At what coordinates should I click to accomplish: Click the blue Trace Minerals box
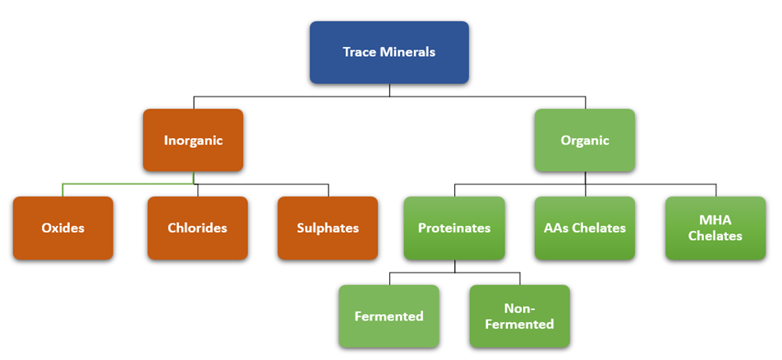(x=389, y=53)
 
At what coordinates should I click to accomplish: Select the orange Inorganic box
(x=193, y=141)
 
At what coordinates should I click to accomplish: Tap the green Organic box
(x=585, y=141)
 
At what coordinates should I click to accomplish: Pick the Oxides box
(x=62, y=228)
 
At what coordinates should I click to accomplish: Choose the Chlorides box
(x=197, y=228)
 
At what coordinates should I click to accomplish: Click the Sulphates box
(x=328, y=228)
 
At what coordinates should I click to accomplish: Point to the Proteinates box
(x=454, y=228)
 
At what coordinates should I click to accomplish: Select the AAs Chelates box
(x=585, y=228)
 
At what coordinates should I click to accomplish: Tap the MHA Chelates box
(x=715, y=228)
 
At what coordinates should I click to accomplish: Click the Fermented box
(x=389, y=316)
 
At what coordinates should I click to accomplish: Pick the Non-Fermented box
(x=520, y=316)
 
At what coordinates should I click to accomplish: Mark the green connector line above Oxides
(x=127, y=184)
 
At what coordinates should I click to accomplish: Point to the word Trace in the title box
(x=360, y=52)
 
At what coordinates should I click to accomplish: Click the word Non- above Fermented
(x=520, y=308)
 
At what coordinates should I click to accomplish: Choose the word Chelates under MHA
(x=715, y=236)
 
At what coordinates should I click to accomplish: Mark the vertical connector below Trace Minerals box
(x=389, y=90)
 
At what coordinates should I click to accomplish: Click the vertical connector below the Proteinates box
(x=454, y=266)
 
